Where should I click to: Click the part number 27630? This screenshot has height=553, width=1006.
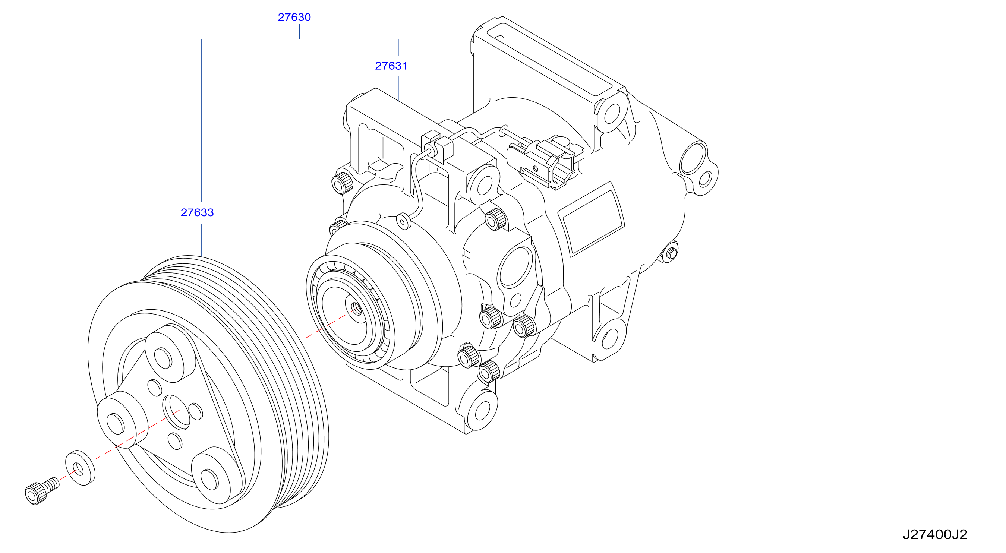coord(294,17)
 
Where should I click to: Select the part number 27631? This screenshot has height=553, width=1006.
coord(391,66)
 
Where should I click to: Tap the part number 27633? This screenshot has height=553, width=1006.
coord(197,212)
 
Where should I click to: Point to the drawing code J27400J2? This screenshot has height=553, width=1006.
coord(935,534)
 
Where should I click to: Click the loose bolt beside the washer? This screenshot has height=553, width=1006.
coord(42,491)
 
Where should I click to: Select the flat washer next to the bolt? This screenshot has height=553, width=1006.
coord(80,468)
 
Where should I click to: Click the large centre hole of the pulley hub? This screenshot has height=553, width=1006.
coord(177,412)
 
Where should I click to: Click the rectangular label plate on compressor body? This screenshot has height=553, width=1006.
coord(590,219)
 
